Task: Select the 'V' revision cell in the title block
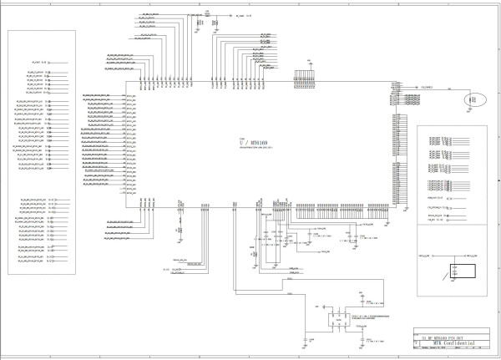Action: (417, 342)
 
